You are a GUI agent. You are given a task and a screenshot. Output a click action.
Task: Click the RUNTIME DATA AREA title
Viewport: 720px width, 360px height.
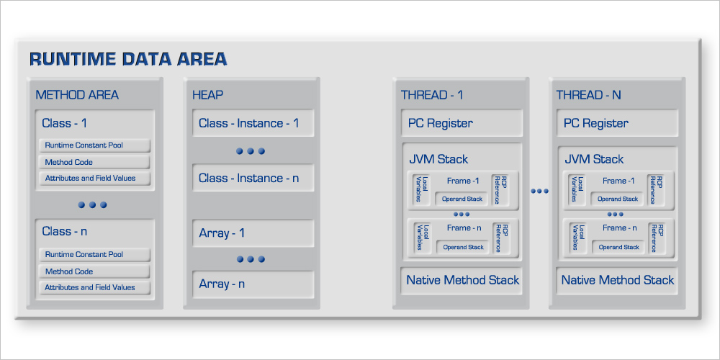(128, 59)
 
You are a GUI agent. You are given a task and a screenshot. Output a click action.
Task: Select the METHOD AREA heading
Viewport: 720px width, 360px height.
(77, 95)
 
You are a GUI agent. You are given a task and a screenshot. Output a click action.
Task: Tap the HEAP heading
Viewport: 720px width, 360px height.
(207, 95)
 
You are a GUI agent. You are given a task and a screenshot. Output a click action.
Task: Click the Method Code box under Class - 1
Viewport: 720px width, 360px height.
(94, 162)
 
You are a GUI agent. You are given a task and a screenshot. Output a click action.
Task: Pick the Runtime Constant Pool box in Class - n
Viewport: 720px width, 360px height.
(94, 254)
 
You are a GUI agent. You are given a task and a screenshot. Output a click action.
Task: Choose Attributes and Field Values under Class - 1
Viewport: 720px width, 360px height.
(94, 178)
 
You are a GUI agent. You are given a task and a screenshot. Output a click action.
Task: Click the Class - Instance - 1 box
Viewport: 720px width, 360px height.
(253, 123)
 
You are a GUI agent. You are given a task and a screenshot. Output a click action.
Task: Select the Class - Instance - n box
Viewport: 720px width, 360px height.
(253, 178)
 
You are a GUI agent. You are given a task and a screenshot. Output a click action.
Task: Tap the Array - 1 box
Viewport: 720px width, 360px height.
(253, 233)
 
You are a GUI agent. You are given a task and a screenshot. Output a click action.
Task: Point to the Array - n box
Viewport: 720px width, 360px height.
(253, 284)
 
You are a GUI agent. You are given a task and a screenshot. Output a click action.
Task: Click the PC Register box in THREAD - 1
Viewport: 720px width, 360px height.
(462, 123)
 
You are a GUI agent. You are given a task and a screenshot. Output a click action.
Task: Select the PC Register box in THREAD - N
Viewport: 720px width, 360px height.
(618, 123)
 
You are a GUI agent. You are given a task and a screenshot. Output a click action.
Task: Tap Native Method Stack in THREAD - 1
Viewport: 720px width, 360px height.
(462, 280)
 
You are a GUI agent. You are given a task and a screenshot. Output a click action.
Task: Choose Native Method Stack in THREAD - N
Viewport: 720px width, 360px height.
(618, 280)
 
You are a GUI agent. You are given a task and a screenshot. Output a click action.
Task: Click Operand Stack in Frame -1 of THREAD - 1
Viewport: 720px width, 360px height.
(462, 199)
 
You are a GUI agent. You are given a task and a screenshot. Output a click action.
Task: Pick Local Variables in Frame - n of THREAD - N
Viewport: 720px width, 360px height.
(578, 238)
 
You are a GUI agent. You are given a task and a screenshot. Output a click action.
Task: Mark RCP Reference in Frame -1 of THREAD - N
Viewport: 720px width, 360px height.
(657, 189)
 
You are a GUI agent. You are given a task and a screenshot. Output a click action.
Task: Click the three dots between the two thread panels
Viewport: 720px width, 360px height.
(539, 191)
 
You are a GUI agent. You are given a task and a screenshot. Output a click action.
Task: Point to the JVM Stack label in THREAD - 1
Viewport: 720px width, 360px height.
(438, 159)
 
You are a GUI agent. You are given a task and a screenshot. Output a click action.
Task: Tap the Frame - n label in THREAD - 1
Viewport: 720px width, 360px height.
(464, 228)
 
